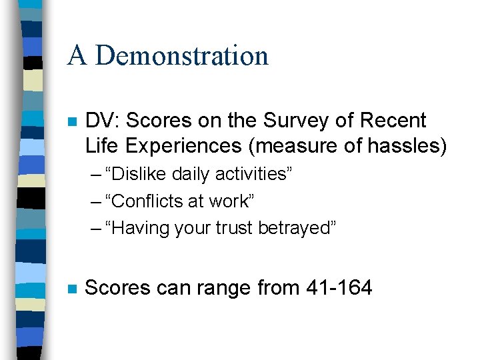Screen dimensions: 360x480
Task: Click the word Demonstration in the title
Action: tap(182, 55)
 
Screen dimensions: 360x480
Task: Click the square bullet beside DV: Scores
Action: tap(73, 122)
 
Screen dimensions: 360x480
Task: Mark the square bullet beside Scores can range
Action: tap(73, 289)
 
